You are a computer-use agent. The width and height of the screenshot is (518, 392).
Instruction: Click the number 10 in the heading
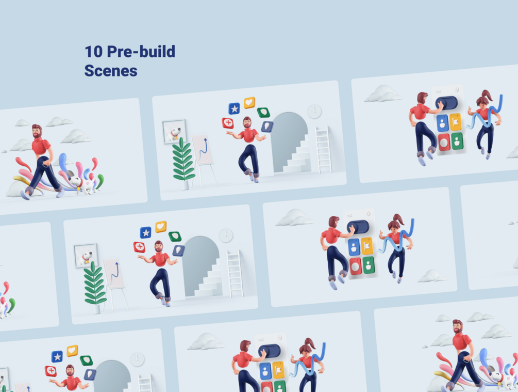point(93,52)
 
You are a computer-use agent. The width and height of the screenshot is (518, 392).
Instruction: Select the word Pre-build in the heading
point(141,52)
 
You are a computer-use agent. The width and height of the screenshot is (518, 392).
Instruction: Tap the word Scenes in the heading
point(111,71)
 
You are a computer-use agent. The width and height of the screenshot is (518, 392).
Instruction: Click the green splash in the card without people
point(11,305)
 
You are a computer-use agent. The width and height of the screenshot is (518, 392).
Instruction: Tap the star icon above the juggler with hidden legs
point(57,356)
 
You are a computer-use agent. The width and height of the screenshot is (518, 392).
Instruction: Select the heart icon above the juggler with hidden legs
point(72,350)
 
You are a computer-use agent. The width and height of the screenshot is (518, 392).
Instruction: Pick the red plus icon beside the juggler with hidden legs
point(51,371)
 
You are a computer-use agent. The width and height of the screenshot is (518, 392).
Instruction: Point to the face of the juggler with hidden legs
point(70,371)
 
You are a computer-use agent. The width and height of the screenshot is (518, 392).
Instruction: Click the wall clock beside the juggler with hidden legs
point(137,359)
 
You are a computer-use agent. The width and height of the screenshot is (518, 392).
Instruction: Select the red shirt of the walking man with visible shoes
point(41,146)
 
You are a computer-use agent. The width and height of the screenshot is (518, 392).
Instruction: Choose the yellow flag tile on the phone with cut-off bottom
point(278,370)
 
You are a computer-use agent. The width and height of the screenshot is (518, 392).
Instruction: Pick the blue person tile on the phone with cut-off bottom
point(265,371)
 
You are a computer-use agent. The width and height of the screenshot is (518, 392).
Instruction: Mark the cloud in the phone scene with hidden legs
point(207,342)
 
